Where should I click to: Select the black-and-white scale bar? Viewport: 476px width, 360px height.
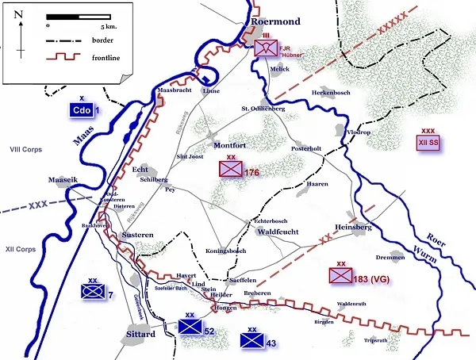(77, 17)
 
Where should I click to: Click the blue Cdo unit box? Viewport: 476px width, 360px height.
(81, 110)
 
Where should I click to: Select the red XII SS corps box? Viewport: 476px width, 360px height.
(428, 143)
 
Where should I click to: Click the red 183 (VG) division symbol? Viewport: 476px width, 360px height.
(341, 275)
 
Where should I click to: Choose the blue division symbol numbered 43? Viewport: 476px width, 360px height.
(251, 340)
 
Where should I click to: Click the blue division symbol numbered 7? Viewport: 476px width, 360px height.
(93, 292)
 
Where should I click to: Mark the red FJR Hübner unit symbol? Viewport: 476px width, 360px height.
(266, 48)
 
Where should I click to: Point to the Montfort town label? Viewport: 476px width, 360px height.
(232, 146)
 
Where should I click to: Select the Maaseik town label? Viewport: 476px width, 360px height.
(64, 179)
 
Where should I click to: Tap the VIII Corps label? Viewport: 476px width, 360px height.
(25, 148)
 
